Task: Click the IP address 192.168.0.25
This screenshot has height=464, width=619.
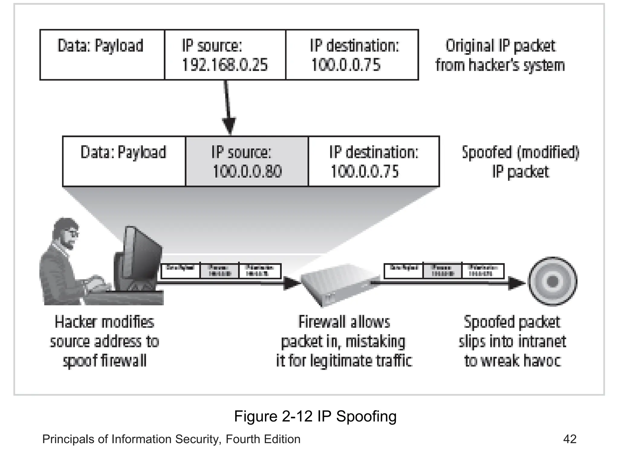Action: pos(225,65)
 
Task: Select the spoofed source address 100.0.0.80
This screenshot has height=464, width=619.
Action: pos(247,171)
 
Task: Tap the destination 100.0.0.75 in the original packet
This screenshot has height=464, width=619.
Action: pos(346,65)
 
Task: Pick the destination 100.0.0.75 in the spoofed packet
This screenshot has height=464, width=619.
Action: pos(365,171)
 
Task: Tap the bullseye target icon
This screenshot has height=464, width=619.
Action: pos(553,282)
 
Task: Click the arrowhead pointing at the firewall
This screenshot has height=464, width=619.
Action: pos(291,283)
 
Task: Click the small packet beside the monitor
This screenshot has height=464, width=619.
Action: pos(221,271)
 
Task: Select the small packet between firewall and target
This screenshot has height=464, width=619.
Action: pos(444,271)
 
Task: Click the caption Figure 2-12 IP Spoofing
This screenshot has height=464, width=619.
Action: pos(315,416)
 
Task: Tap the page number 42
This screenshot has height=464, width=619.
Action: pos(569,439)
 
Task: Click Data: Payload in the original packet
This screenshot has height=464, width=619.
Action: pos(100,46)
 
